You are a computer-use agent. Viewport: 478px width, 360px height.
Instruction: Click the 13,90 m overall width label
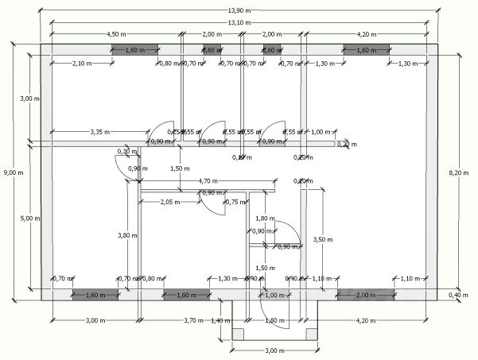coord(239,10)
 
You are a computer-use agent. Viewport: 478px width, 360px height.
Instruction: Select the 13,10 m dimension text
coord(239,22)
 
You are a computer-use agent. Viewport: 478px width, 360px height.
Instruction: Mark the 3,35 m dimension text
coord(100,131)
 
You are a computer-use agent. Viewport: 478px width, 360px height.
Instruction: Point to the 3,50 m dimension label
coord(322,238)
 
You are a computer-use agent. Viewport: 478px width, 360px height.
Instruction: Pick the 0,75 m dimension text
coord(235,202)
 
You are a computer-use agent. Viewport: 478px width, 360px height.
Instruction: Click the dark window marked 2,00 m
coord(366,295)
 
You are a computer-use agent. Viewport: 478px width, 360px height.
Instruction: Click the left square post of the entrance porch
coord(237,335)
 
